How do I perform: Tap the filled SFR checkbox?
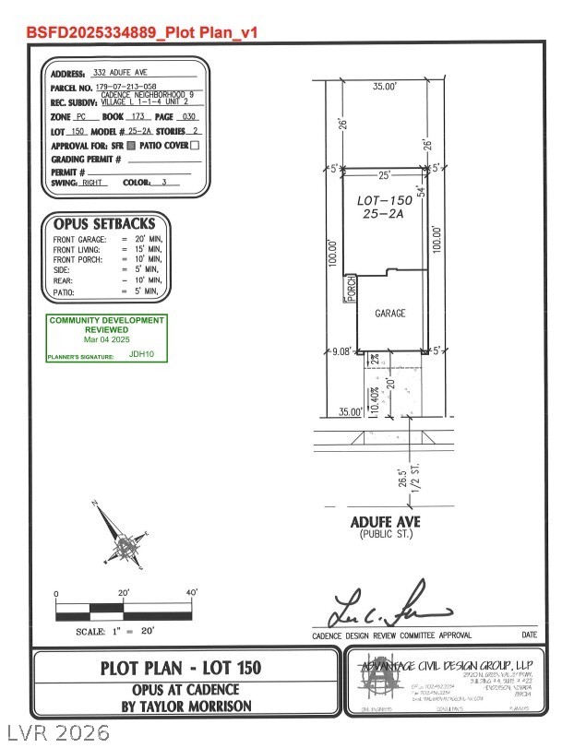point(132,145)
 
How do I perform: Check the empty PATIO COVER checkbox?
point(195,145)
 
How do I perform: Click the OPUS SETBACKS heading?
point(103,224)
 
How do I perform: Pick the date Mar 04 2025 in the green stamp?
point(107,338)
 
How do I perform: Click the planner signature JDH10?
point(141,352)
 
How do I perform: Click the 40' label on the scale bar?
point(192,592)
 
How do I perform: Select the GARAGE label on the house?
point(389,314)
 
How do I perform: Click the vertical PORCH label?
point(351,289)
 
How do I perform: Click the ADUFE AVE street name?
point(385,522)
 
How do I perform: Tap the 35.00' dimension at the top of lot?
point(384,86)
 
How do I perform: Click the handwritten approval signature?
point(389,608)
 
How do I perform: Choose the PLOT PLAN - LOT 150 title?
point(181,667)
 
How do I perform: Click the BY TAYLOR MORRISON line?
point(181,706)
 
